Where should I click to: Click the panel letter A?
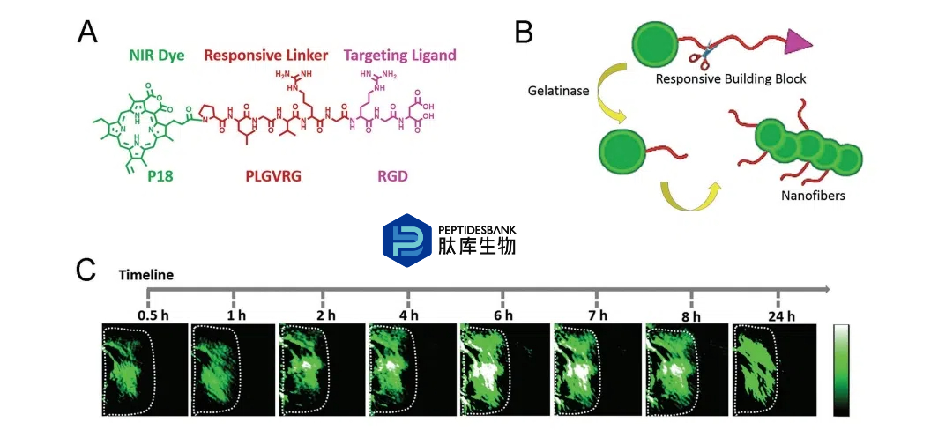(x=87, y=33)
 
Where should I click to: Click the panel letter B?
(x=524, y=33)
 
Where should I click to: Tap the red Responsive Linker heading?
(x=265, y=56)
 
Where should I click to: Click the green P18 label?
(x=159, y=175)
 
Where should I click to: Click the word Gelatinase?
(x=559, y=90)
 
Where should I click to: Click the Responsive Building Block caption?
(x=730, y=79)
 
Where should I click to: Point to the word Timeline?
(x=147, y=275)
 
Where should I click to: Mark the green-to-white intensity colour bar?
(x=843, y=370)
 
